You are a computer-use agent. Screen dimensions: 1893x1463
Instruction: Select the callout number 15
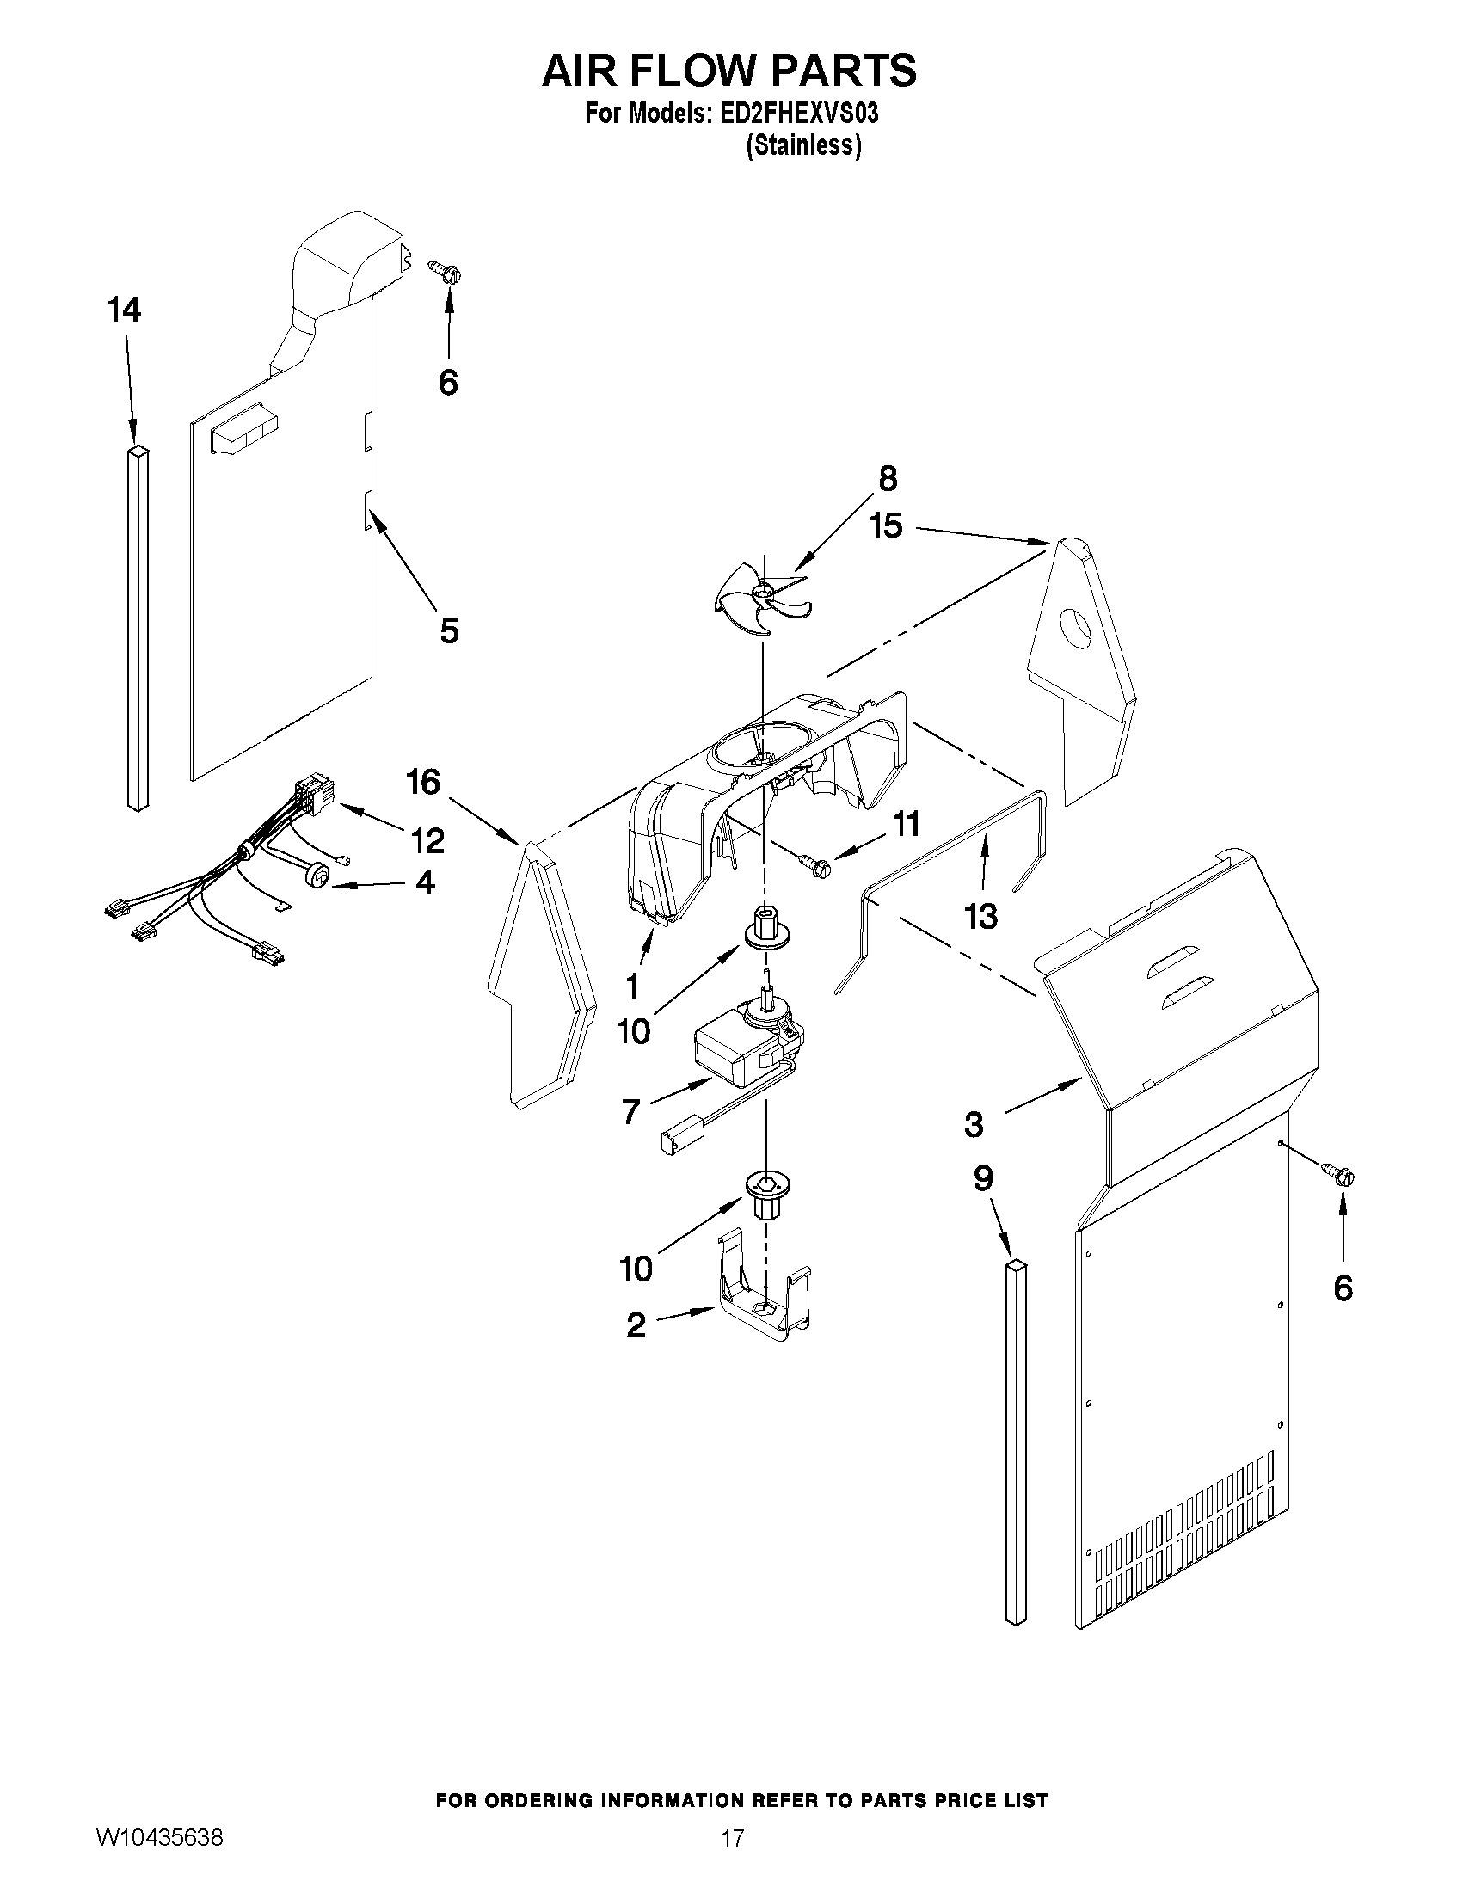(886, 525)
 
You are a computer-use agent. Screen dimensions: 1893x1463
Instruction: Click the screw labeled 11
(814, 864)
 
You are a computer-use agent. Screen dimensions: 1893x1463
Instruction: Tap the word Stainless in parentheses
(803, 146)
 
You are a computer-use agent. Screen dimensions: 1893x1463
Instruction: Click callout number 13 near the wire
(981, 916)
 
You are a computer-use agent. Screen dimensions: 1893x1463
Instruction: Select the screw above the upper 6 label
(446, 272)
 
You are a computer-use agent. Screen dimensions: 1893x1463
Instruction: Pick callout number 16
(423, 782)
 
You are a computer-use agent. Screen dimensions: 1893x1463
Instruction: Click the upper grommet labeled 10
(764, 927)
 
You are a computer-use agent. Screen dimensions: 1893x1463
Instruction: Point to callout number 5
(448, 631)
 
